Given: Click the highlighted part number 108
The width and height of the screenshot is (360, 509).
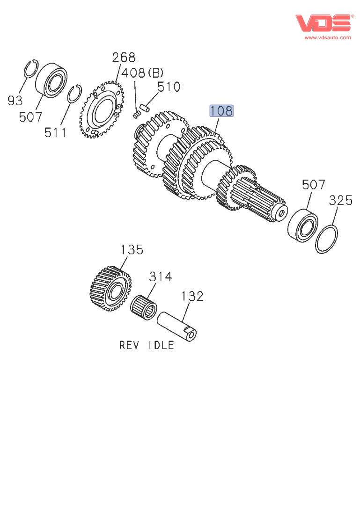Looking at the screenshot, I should [221, 111].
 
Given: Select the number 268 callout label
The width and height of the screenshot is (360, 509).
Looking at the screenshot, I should [124, 58].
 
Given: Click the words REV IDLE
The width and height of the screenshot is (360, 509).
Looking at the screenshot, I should [147, 346].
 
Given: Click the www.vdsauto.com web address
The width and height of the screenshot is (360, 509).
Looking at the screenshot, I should [328, 37].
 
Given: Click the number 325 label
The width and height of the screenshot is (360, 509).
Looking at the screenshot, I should [340, 201].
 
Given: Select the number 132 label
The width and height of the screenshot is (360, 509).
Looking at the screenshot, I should [192, 296].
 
